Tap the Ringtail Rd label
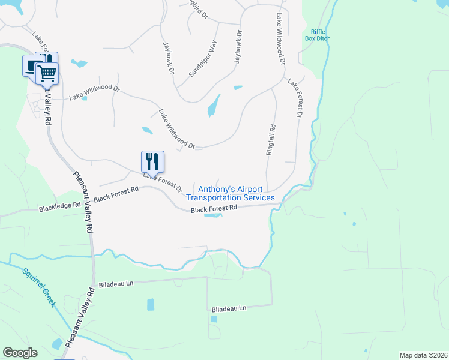tap(271, 140)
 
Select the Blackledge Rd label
tap(60, 205)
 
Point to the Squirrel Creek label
tap(40, 287)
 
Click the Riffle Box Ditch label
tap(318, 35)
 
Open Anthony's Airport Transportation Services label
tap(231, 193)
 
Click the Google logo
tap(20, 353)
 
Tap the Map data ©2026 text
tap(422, 355)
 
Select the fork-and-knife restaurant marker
tap(152, 161)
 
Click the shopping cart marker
tap(47, 73)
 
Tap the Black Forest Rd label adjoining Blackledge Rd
tap(116, 193)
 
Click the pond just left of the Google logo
tap(56, 344)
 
